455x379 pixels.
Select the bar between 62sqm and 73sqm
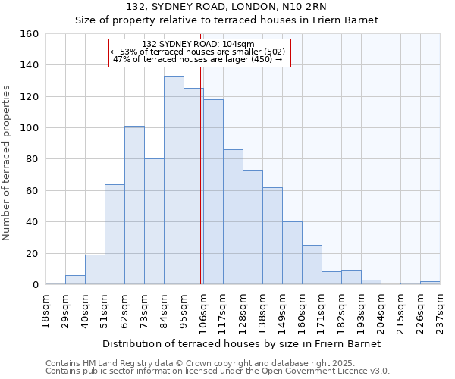pos(134,205)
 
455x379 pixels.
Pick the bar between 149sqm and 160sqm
pos(292,253)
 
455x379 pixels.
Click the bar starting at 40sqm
pos(95,270)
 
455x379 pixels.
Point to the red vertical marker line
pos(200,174)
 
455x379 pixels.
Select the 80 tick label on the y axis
pos(32,159)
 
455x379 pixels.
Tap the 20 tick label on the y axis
pos(32,254)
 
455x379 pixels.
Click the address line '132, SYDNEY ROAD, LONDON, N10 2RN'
pos(227,7)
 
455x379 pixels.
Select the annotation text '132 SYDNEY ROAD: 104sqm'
pos(198,44)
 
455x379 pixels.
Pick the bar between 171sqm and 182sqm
pos(331,278)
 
